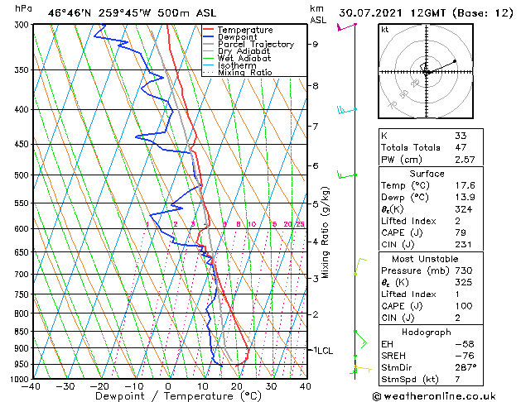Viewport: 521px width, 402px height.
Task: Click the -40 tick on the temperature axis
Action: (31, 386)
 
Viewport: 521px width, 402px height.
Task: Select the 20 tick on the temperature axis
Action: (236, 386)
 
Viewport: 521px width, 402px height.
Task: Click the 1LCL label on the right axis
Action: (321, 351)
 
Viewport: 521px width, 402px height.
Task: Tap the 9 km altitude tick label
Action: (316, 45)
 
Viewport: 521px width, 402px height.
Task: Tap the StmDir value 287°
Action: (466, 367)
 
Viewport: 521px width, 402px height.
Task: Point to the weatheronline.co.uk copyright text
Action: (443, 396)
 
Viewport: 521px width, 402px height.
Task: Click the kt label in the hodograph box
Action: (384, 30)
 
